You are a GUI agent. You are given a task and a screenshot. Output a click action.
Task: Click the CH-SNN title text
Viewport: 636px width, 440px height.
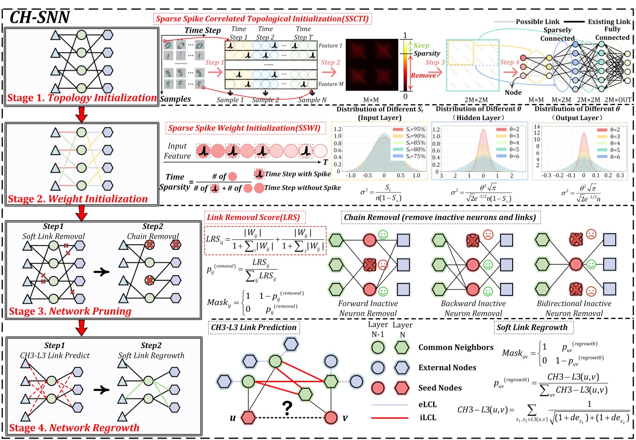pos(40,18)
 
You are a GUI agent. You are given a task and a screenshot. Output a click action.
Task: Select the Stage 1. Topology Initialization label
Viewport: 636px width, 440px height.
pos(81,98)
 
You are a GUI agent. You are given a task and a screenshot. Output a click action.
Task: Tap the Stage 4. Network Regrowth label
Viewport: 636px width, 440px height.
pos(74,428)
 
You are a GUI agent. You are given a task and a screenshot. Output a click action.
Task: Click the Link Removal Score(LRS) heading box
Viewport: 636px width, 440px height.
pos(253,217)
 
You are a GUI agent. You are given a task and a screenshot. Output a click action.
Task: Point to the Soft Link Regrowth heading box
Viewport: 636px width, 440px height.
pos(532,327)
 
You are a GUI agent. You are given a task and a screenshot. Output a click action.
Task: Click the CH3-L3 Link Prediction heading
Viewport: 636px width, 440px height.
pos(254,327)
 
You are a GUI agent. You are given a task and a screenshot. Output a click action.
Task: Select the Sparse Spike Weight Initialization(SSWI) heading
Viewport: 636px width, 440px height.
pos(244,128)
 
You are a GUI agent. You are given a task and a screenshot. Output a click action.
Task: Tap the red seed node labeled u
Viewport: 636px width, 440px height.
pos(249,417)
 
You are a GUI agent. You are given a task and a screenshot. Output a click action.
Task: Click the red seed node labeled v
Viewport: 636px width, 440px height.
pos(331,417)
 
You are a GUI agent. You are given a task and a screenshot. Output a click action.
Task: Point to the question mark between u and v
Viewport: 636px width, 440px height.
pos(287,408)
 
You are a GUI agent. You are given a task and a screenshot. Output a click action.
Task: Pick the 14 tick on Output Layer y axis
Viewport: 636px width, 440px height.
pos(537,127)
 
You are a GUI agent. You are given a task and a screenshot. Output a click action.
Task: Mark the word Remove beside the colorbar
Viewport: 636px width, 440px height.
pos(423,75)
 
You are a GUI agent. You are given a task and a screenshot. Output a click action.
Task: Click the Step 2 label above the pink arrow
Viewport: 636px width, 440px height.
pos(330,62)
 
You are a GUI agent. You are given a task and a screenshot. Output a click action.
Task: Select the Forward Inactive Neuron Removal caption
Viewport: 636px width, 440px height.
pos(368,308)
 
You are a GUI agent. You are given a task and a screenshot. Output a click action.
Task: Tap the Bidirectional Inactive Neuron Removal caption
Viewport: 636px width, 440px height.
pos(574,308)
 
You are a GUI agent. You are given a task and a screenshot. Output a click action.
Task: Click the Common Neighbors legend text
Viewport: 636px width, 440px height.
pos(456,347)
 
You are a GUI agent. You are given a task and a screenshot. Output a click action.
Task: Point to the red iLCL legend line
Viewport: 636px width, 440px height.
pos(390,418)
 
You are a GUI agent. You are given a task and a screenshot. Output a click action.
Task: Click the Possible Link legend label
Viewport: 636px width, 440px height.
pos(538,22)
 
